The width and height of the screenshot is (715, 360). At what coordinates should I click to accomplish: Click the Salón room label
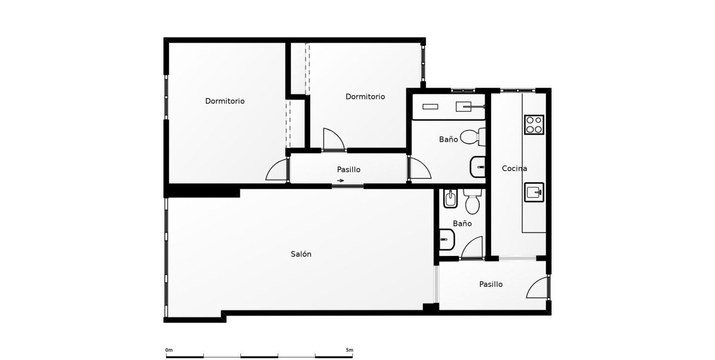point(301,254)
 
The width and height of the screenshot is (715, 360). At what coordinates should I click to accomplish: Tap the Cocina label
point(514,168)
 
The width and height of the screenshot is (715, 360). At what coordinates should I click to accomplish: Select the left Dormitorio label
point(225,101)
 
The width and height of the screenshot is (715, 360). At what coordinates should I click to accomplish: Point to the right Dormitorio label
point(365,96)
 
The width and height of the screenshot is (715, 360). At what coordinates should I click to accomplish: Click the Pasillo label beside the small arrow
point(349,169)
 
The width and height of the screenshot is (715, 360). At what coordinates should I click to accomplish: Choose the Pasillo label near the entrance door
point(491,284)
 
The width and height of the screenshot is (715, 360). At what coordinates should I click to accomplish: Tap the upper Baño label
point(448,140)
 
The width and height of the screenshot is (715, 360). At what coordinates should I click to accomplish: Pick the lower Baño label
point(462,223)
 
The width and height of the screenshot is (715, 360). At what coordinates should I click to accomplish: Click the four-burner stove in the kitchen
point(534,125)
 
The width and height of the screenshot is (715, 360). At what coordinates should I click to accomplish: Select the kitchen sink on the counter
point(534,192)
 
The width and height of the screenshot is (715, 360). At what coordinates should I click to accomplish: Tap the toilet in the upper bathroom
point(472,136)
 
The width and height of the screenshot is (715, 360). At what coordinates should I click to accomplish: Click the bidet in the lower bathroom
point(450,199)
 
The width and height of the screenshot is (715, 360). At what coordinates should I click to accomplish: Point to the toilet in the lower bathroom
point(472,202)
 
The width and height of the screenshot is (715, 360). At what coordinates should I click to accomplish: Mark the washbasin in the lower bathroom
point(446,240)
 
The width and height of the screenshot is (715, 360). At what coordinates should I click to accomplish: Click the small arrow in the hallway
point(341,181)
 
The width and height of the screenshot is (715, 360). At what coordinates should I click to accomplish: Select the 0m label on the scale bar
point(169,350)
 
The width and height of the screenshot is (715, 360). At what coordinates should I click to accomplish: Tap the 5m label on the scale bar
point(349,350)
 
